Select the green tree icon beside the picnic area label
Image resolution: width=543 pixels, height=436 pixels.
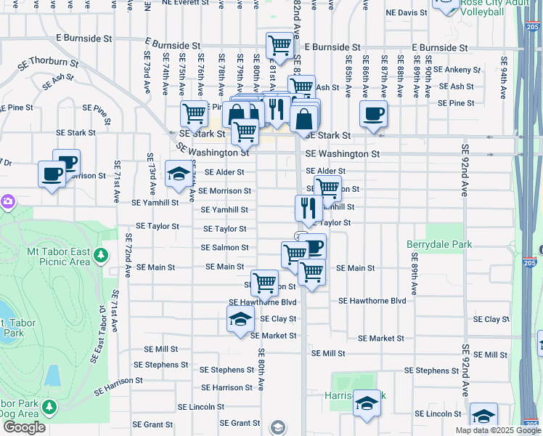pyautogui.click(x=101, y=256)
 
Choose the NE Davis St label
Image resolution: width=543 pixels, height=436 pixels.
pyautogui.click(x=407, y=13)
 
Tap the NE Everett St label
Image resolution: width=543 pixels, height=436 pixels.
pyautogui.click(x=185, y=3)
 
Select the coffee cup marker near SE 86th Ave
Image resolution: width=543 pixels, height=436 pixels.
pyautogui.click(x=373, y=114)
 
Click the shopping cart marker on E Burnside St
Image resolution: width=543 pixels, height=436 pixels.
pyautogui.click(x=279, y=45)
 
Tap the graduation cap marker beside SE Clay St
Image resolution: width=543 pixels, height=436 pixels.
pyautogui.click(x=240, y=318)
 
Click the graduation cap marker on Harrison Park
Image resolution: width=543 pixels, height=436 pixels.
pyautogui.click(x=367, y=403)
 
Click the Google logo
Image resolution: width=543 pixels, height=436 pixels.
pyautogui.click(x=24, y=427)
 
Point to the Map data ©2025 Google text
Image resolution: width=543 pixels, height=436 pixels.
pyautogui.click(x=497, y=430)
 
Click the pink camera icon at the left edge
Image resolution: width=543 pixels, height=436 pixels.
pyautogui.click(x=8, y=201)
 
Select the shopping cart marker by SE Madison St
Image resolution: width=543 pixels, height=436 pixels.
pyautogui.click(x=264, y=282)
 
